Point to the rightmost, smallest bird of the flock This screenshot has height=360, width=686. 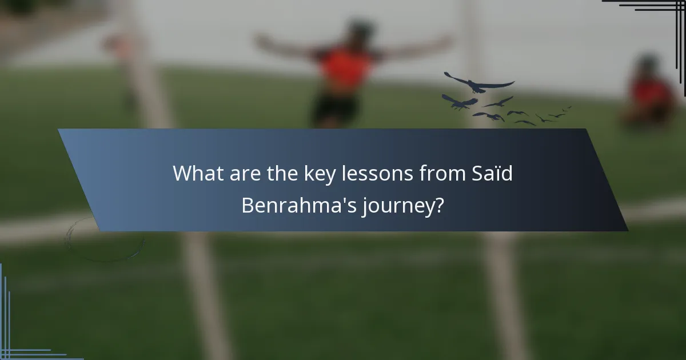point(567,108)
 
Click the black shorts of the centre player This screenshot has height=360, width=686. point(334,109)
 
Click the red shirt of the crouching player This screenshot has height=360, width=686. point(652,91)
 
